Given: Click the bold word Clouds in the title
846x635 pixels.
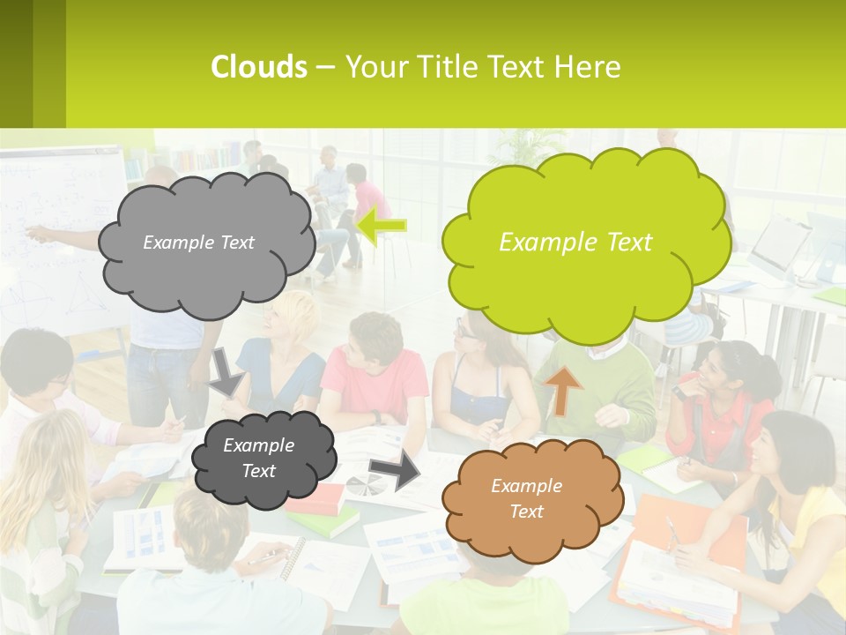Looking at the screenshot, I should [x=258, y=67].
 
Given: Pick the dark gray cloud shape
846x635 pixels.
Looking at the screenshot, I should [x=263, y=458].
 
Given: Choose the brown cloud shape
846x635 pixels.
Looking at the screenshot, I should [x=531, y=499].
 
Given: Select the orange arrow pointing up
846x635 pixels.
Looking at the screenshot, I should [x=564, y=389].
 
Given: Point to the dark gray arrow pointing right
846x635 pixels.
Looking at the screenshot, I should [x=394, y=473].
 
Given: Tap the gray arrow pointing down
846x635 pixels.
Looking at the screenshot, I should [x=226, y=371].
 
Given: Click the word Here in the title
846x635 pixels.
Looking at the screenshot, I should [x=591, y=67].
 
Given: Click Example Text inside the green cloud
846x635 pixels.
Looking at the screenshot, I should [x=575, y=243].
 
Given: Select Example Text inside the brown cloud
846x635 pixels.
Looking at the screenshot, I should [x=526, y=498].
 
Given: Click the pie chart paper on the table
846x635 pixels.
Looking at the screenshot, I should [x=365, y=484].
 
